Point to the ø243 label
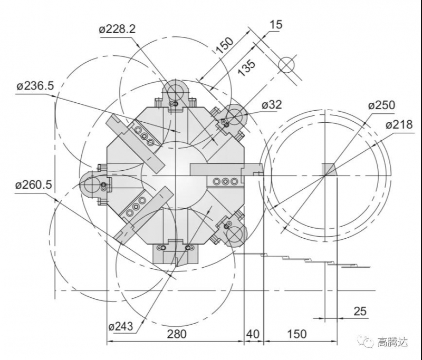tap(120, 326)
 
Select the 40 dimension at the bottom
tap(253, 335)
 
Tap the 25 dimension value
tap(359, 312)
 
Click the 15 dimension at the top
tap(276, 25)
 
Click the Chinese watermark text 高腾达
tap(392, 343)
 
